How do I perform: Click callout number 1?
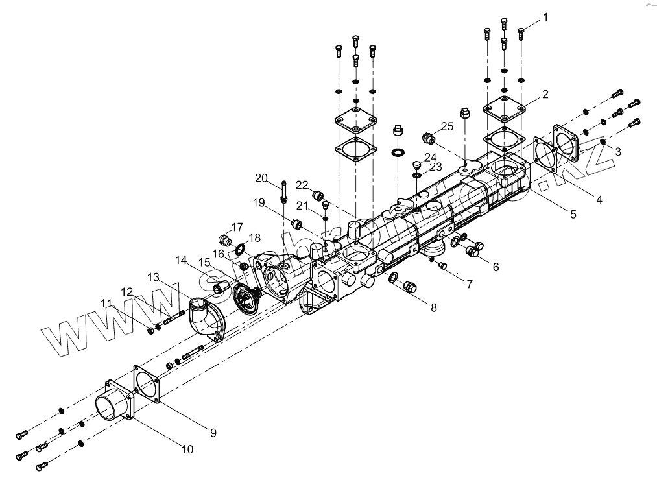pos(545,17)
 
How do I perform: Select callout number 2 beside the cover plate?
pos(545,94)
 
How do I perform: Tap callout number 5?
pos(573,214)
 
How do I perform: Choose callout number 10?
pos(187,448)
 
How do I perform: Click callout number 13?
pos(153,277)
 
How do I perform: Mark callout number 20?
pos(261,178)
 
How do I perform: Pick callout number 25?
pos(448,126)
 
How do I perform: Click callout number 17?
pos(237,227)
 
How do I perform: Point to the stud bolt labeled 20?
pos(284,190)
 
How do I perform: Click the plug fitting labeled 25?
pos(427,138)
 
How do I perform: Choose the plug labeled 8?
pos(409,285)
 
